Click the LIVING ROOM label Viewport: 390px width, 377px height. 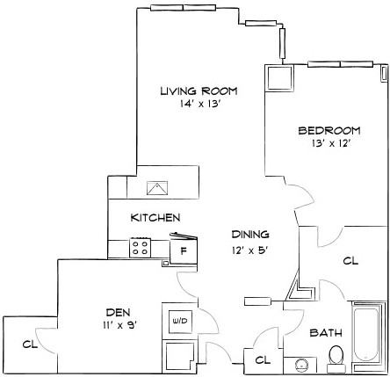[199, 91]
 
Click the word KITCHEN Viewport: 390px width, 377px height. [155, 217]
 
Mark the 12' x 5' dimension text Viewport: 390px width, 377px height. [250, 249]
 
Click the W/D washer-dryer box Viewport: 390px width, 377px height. [180, 320]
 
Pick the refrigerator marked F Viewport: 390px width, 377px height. [184, 249]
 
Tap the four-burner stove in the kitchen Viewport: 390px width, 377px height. [141, 248]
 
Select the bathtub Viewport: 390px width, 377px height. [369, 336]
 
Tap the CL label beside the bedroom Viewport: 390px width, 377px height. [350, 261]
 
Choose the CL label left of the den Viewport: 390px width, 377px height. [28, 344]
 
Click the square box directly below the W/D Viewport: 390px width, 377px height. [180, 355]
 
